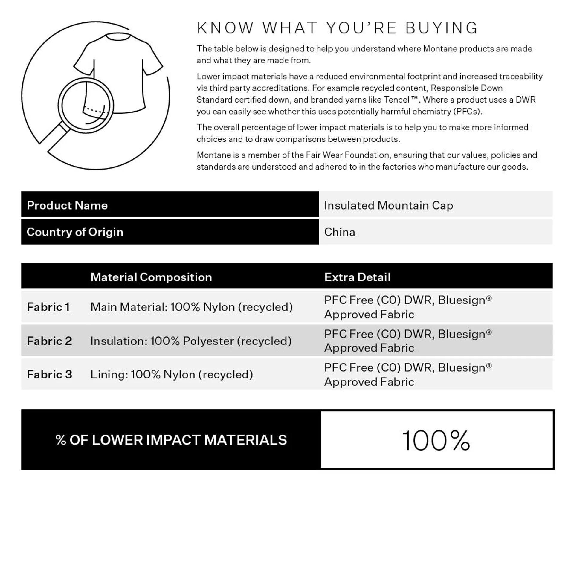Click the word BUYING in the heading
click(x=442, y=28)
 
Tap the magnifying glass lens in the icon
click(x=86, y=105)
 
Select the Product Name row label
click(x=67, y=205)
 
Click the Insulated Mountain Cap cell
click(x=388, y=205)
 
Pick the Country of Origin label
click(x=75, y=232)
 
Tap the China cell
click(x=340, y=232)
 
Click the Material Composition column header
click(x=151, y=277)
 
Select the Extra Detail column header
click(x=357, y=277)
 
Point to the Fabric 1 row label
click(x=48, y=307)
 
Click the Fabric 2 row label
click(x=49, y=341)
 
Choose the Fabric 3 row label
click(x=49, y=374)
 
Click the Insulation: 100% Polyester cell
click(x=191, y=341)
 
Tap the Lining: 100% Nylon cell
click(x=172, y=374)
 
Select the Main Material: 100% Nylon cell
click(x=191, y=307)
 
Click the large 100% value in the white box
click(x=436, y=440)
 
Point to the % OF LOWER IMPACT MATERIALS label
click(x=171, y=440)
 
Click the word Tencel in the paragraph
click(x=396, y=100)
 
